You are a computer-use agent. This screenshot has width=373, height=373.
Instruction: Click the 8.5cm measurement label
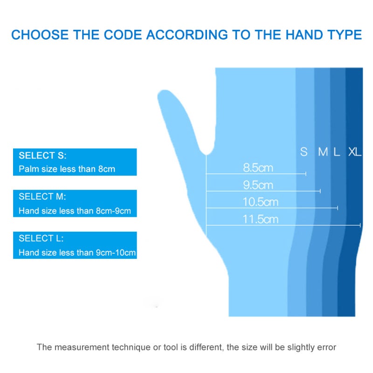pyautogui.click(x=258, y=168)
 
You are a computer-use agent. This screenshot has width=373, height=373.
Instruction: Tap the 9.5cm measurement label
pyautogui.click(x=258, y=185)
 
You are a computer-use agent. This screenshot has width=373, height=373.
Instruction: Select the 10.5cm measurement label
pyautogui.click(x=260, y=202)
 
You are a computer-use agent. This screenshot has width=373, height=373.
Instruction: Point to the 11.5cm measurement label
pyautogui.click(x=260, y=219)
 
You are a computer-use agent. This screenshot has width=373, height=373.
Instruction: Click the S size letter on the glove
pyautogui.click(x=304, y=152)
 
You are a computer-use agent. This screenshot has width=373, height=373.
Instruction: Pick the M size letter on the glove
pyautogui.click(x=323, y=152)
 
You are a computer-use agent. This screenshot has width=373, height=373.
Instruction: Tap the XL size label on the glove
pyautogui.click(x=355, y=152)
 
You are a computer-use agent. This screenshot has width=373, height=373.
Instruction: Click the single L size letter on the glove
pyautogui.click(x=337, y=152)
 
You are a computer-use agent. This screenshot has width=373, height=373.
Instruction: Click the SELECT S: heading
pyautogui.click(x=42, y=155)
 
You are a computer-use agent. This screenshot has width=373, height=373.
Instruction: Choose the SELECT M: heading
pyautogui.click(x=42, y=196)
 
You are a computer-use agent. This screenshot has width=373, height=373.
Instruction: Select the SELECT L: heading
pyautogui.click(x=41, y=238)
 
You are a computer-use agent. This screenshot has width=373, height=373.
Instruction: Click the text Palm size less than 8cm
pyautogui.click(x=67, y=169)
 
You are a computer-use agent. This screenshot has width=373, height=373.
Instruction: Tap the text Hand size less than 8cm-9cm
pyautogui.click(x=75, y=211)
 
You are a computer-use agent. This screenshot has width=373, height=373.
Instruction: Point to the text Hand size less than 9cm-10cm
pyautogui.click(x=77, y=252)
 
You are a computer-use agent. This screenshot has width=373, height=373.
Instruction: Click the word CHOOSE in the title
pyautogui.click(x=40, y=35)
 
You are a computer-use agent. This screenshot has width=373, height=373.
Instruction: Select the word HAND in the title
pyautogui.click(x=304, y=35)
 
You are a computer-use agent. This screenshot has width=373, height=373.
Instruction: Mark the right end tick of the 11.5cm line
pyautogui.click(x=360, y=225)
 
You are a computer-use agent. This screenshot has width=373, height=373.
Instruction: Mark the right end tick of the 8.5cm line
pyautogui.click(x=306, y=173)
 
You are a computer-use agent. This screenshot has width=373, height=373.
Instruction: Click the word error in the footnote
pyautogui.click(x=327, y=347)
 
